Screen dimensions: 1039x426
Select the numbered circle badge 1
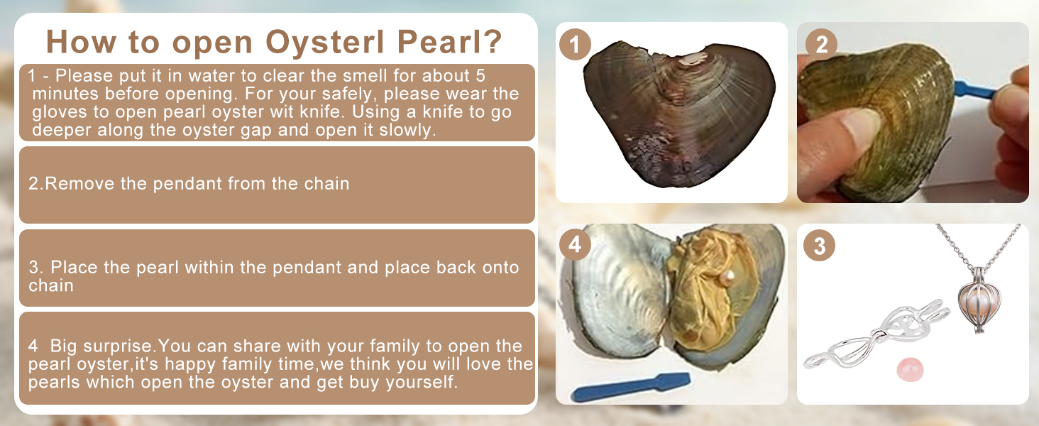click(x=575, y=45)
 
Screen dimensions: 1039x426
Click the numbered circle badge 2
click(x=821, y=45)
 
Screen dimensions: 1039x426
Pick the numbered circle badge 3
click(x=820, y=245)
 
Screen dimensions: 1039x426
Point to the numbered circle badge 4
click(x=575, y=244)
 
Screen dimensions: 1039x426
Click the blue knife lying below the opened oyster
click(x=631, y=386)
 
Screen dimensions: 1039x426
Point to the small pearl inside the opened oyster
click(x=726, y=278)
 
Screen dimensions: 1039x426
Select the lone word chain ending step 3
click(x=51, y=285)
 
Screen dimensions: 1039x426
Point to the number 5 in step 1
click(x=480, y=76)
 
